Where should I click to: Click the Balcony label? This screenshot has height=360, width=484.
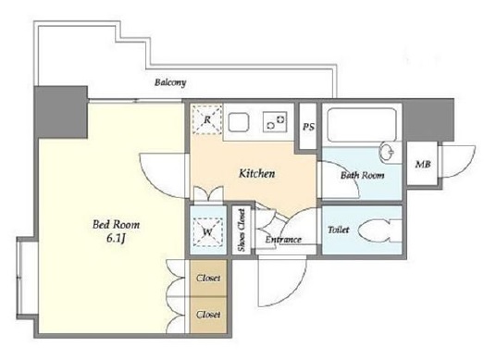pyautogui.click(x=170, y=82)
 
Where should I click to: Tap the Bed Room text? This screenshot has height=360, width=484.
pyautogui.click(x=116, y=224)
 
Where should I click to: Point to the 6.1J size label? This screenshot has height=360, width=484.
pyautogui.click(x=116, y=239)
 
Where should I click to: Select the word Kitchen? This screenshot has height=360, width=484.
pyautogui.click(x=257, y=173)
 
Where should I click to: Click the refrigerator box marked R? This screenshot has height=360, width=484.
pyautogui.click(x=207, y=119)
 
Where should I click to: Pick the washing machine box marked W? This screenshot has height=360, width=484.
pyautogui.click(x=207, y=232)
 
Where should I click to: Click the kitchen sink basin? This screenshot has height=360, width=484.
pyautogui.click(x=239, y=122)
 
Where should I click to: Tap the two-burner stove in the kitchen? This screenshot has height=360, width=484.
pyautogui.click(x=275, y=121)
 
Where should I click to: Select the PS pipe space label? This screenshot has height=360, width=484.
pyautogui.click(x=308, y=127)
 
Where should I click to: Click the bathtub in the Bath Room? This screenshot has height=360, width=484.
pyautogui.click(x=362, y=124)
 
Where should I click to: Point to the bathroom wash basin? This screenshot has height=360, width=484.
pyautogui.click(x=388, y=152)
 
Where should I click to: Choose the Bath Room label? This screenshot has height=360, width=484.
pyautogui.click(x=363, y=175)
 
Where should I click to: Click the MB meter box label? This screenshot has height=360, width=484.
pyautogui.click(x=423, y=164)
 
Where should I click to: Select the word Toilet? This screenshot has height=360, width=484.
pyautogui.click(x=339, y=230)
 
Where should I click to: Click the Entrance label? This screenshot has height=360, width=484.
pyautogui.click(x=283, y=240)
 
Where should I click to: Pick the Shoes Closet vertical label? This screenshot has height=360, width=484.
pyautogui.click(x=242, y=230)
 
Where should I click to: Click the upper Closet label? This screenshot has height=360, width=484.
pyautogui.click(x=208, y=278)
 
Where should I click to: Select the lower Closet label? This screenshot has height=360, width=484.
pyautogui.click(x=208, y=315)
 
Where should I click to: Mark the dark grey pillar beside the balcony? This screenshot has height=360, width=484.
pyautogui.click(x=61, y=112)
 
